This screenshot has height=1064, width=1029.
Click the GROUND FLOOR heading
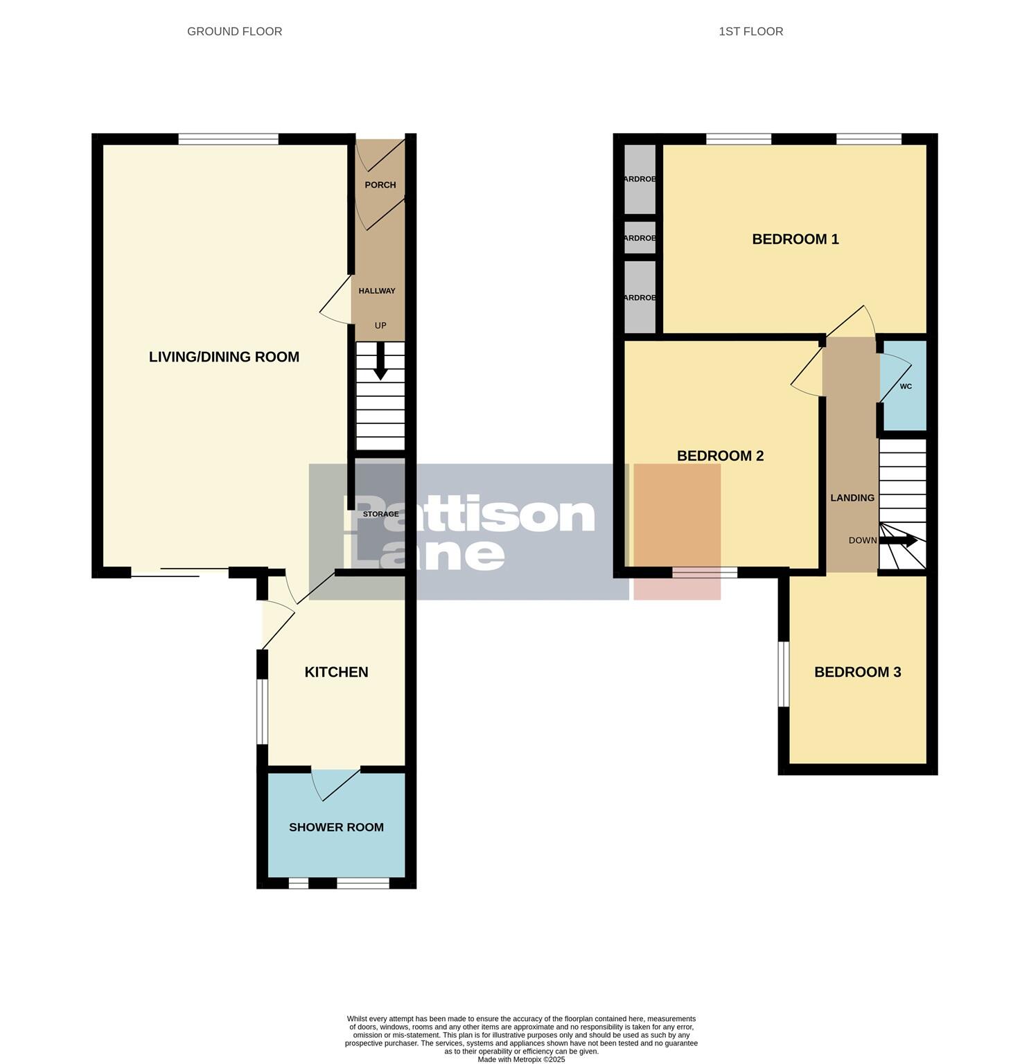(234, 31)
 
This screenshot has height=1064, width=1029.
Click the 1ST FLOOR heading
(750, 31)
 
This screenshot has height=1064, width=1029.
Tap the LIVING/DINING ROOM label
(224, 357)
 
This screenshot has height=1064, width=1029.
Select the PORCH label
(380, 185)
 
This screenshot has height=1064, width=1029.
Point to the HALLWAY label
(377, 291)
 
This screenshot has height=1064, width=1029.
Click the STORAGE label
(380, 514)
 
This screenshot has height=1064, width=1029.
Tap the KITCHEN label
(336, 672)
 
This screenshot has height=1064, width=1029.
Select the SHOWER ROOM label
(336, 827)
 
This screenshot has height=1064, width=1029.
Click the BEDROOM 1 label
(795, 239)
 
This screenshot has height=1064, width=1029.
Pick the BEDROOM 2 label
(720, 456)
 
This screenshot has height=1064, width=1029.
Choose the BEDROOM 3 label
(857, 672)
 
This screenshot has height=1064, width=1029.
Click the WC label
(906, 387)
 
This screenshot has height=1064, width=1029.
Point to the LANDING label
(852, 497)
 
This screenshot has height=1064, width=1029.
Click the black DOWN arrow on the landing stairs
(903, 540)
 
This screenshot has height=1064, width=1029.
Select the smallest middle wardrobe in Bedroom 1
(640, 238)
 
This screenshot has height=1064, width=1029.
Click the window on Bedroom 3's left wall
(784, 674)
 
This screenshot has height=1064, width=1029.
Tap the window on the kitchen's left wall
(262, 711)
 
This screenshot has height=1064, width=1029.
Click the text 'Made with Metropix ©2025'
(521, 1059)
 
